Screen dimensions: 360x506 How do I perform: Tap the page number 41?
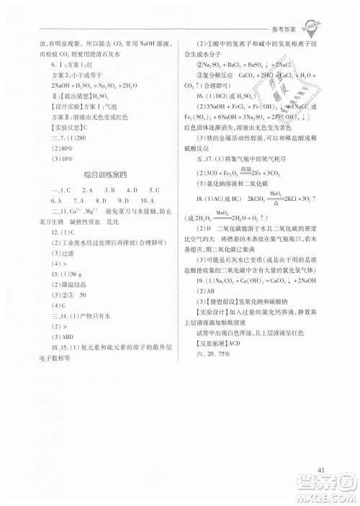pos(322,471)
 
